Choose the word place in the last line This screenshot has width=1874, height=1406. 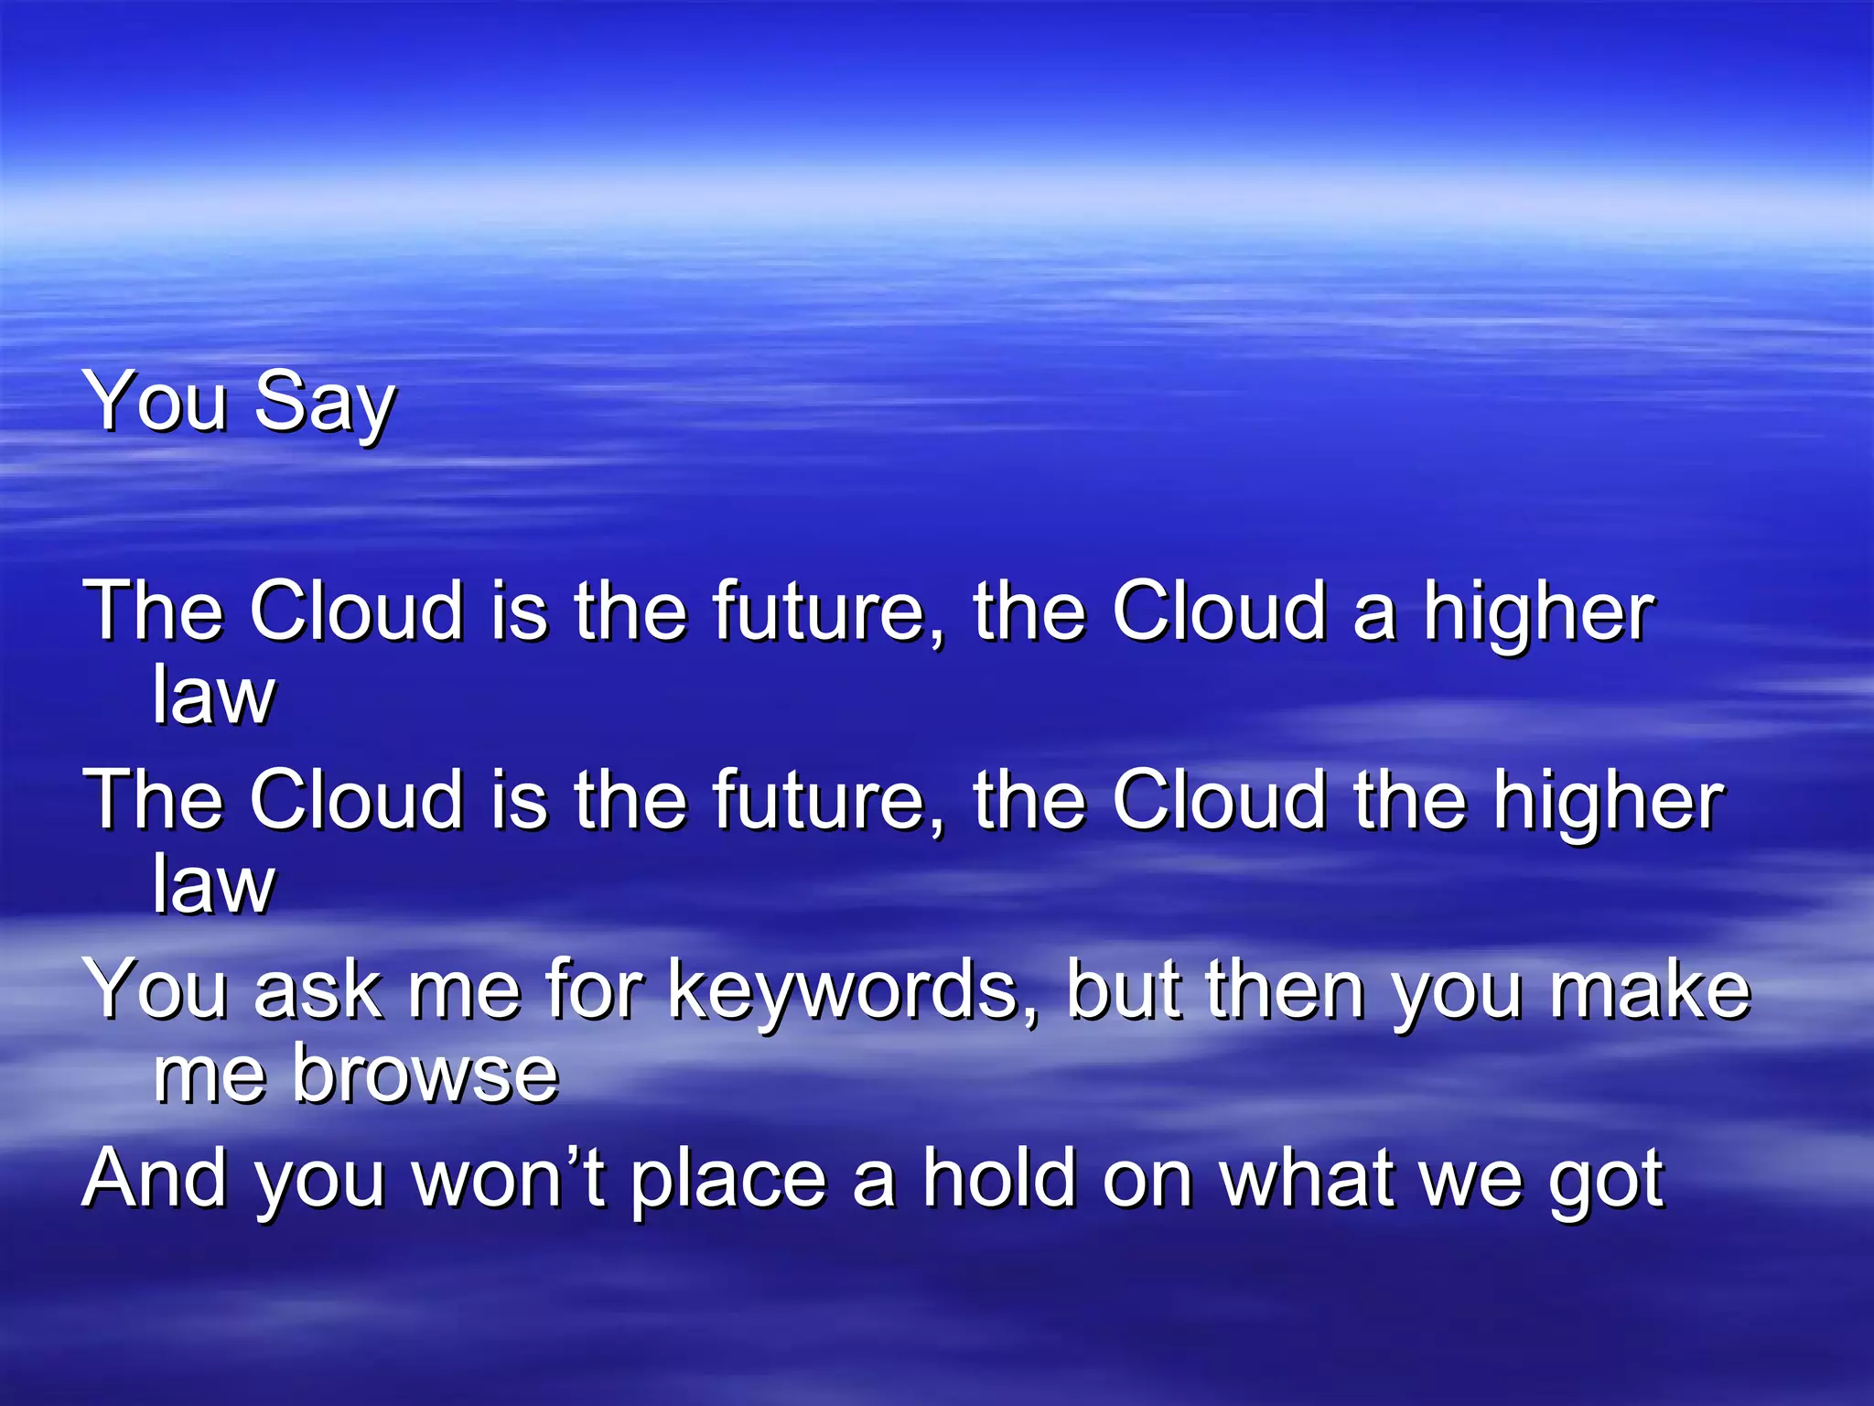[x=728, y=1181]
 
